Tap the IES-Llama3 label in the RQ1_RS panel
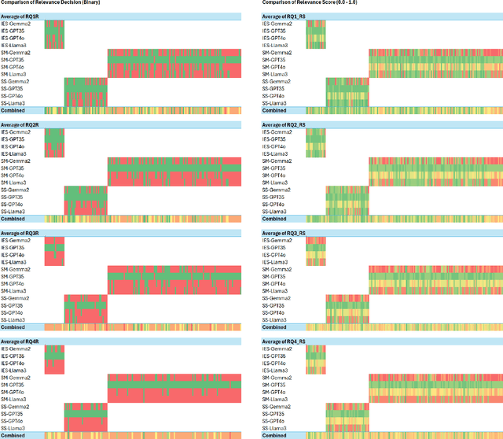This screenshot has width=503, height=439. point(277,45)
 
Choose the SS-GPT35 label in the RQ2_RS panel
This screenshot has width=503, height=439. point(276,197)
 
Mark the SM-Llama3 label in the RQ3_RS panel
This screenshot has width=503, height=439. point(277,291)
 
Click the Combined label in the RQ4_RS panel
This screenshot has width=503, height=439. point(275,435)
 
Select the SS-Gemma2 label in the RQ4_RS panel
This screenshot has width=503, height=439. point(277,407)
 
